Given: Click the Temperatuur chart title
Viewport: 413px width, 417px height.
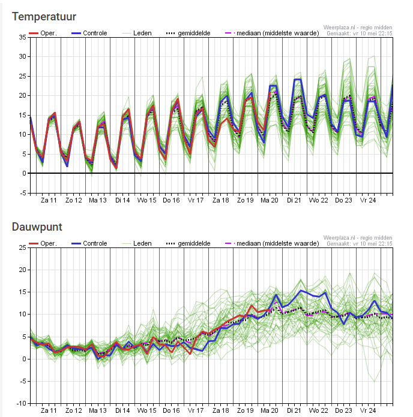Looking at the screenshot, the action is click(44, 17).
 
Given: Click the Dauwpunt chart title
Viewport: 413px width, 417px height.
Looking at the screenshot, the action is click(37, 227).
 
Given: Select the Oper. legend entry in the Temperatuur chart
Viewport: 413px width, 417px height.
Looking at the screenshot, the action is click(43, 33).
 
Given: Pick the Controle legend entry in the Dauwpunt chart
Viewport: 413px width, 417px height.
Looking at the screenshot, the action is click(89, 243).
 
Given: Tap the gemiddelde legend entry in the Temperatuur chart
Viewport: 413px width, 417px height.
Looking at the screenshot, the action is click(188, 33).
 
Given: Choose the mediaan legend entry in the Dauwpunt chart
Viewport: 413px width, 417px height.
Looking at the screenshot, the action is click(272, 243).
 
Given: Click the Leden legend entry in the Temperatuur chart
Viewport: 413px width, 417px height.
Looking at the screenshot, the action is click(137, 33).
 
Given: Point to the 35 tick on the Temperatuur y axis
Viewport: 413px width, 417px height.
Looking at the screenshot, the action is click(23, 37).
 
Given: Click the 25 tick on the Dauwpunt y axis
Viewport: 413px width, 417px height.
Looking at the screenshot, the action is click(23, 247).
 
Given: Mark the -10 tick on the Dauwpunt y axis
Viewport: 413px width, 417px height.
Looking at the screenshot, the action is click(22, 403).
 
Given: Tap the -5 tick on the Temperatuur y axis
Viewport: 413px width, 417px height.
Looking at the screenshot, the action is click(23, 193).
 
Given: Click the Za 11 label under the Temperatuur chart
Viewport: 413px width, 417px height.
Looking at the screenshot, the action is click(49, 200).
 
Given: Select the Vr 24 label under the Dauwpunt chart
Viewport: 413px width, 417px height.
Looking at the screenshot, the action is click(368, 410).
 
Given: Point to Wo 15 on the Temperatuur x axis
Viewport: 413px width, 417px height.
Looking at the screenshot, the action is click(147, 200).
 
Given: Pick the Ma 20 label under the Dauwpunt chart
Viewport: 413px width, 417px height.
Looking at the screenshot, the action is click(270, 410).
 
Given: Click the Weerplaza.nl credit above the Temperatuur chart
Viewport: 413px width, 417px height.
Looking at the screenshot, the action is click(358, 28).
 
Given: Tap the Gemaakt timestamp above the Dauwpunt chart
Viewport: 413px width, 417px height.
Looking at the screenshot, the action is click(360, 244).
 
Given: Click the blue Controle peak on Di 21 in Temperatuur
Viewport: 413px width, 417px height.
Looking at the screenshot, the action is click(298, 79).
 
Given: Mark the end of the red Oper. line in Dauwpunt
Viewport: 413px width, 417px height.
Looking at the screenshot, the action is click(270, 310).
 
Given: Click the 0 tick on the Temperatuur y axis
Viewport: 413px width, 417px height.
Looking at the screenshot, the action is click(25, 173).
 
